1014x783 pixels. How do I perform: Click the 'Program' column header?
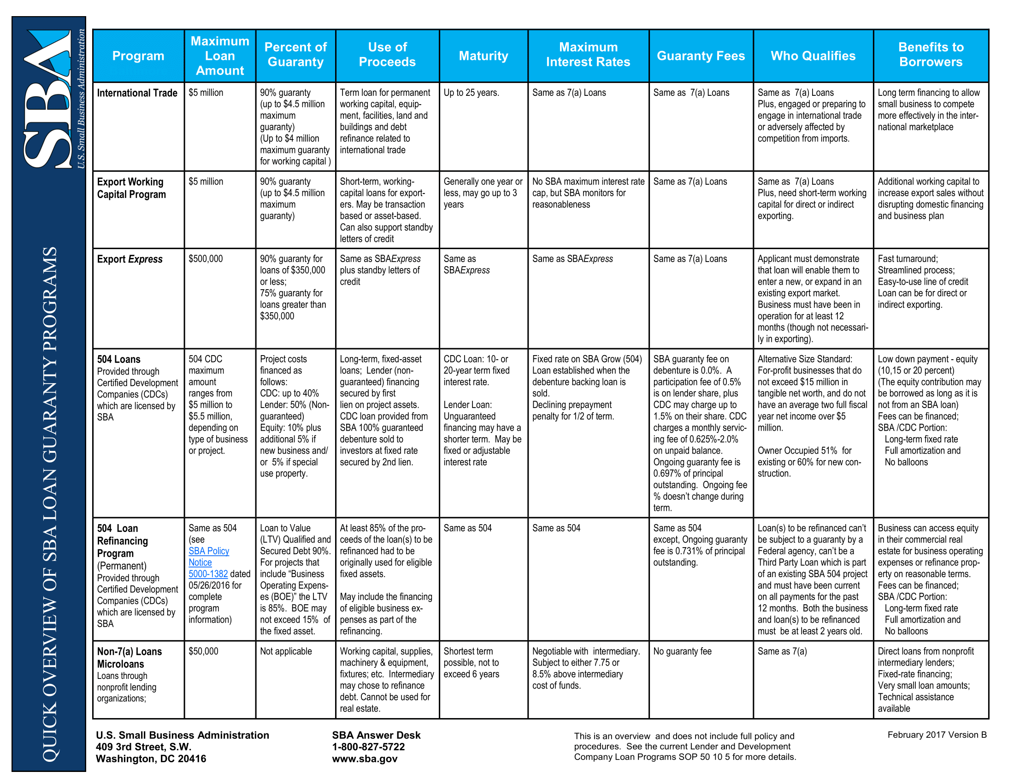[138, 56]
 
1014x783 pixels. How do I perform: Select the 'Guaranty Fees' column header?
[701, 56]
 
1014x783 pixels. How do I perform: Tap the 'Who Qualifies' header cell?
[813, 56]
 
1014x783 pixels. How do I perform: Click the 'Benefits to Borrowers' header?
[931, 54]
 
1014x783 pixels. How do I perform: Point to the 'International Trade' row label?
[137, 93]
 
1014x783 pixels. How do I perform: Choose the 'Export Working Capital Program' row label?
[131, 188]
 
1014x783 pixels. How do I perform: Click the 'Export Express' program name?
[130, 259]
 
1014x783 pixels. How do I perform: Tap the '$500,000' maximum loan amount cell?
[206, 259]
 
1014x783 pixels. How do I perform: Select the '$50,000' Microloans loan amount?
[203, 651]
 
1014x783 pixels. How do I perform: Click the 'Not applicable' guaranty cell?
[286, 651]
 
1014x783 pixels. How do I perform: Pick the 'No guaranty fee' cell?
[682, 651]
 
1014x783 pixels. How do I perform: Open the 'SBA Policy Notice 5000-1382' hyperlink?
[208, 562]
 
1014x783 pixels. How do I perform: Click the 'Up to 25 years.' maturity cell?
[471, 93]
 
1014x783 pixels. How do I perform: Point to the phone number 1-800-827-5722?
[368, 747]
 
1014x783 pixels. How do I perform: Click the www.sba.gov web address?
[365, 759]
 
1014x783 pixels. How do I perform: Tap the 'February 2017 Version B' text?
[937, 735]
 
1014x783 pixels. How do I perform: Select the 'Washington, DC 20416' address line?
[151, 759]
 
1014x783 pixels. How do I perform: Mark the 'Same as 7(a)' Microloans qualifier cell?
[782, 651]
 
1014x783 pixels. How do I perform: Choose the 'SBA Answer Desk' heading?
[376, 735]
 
